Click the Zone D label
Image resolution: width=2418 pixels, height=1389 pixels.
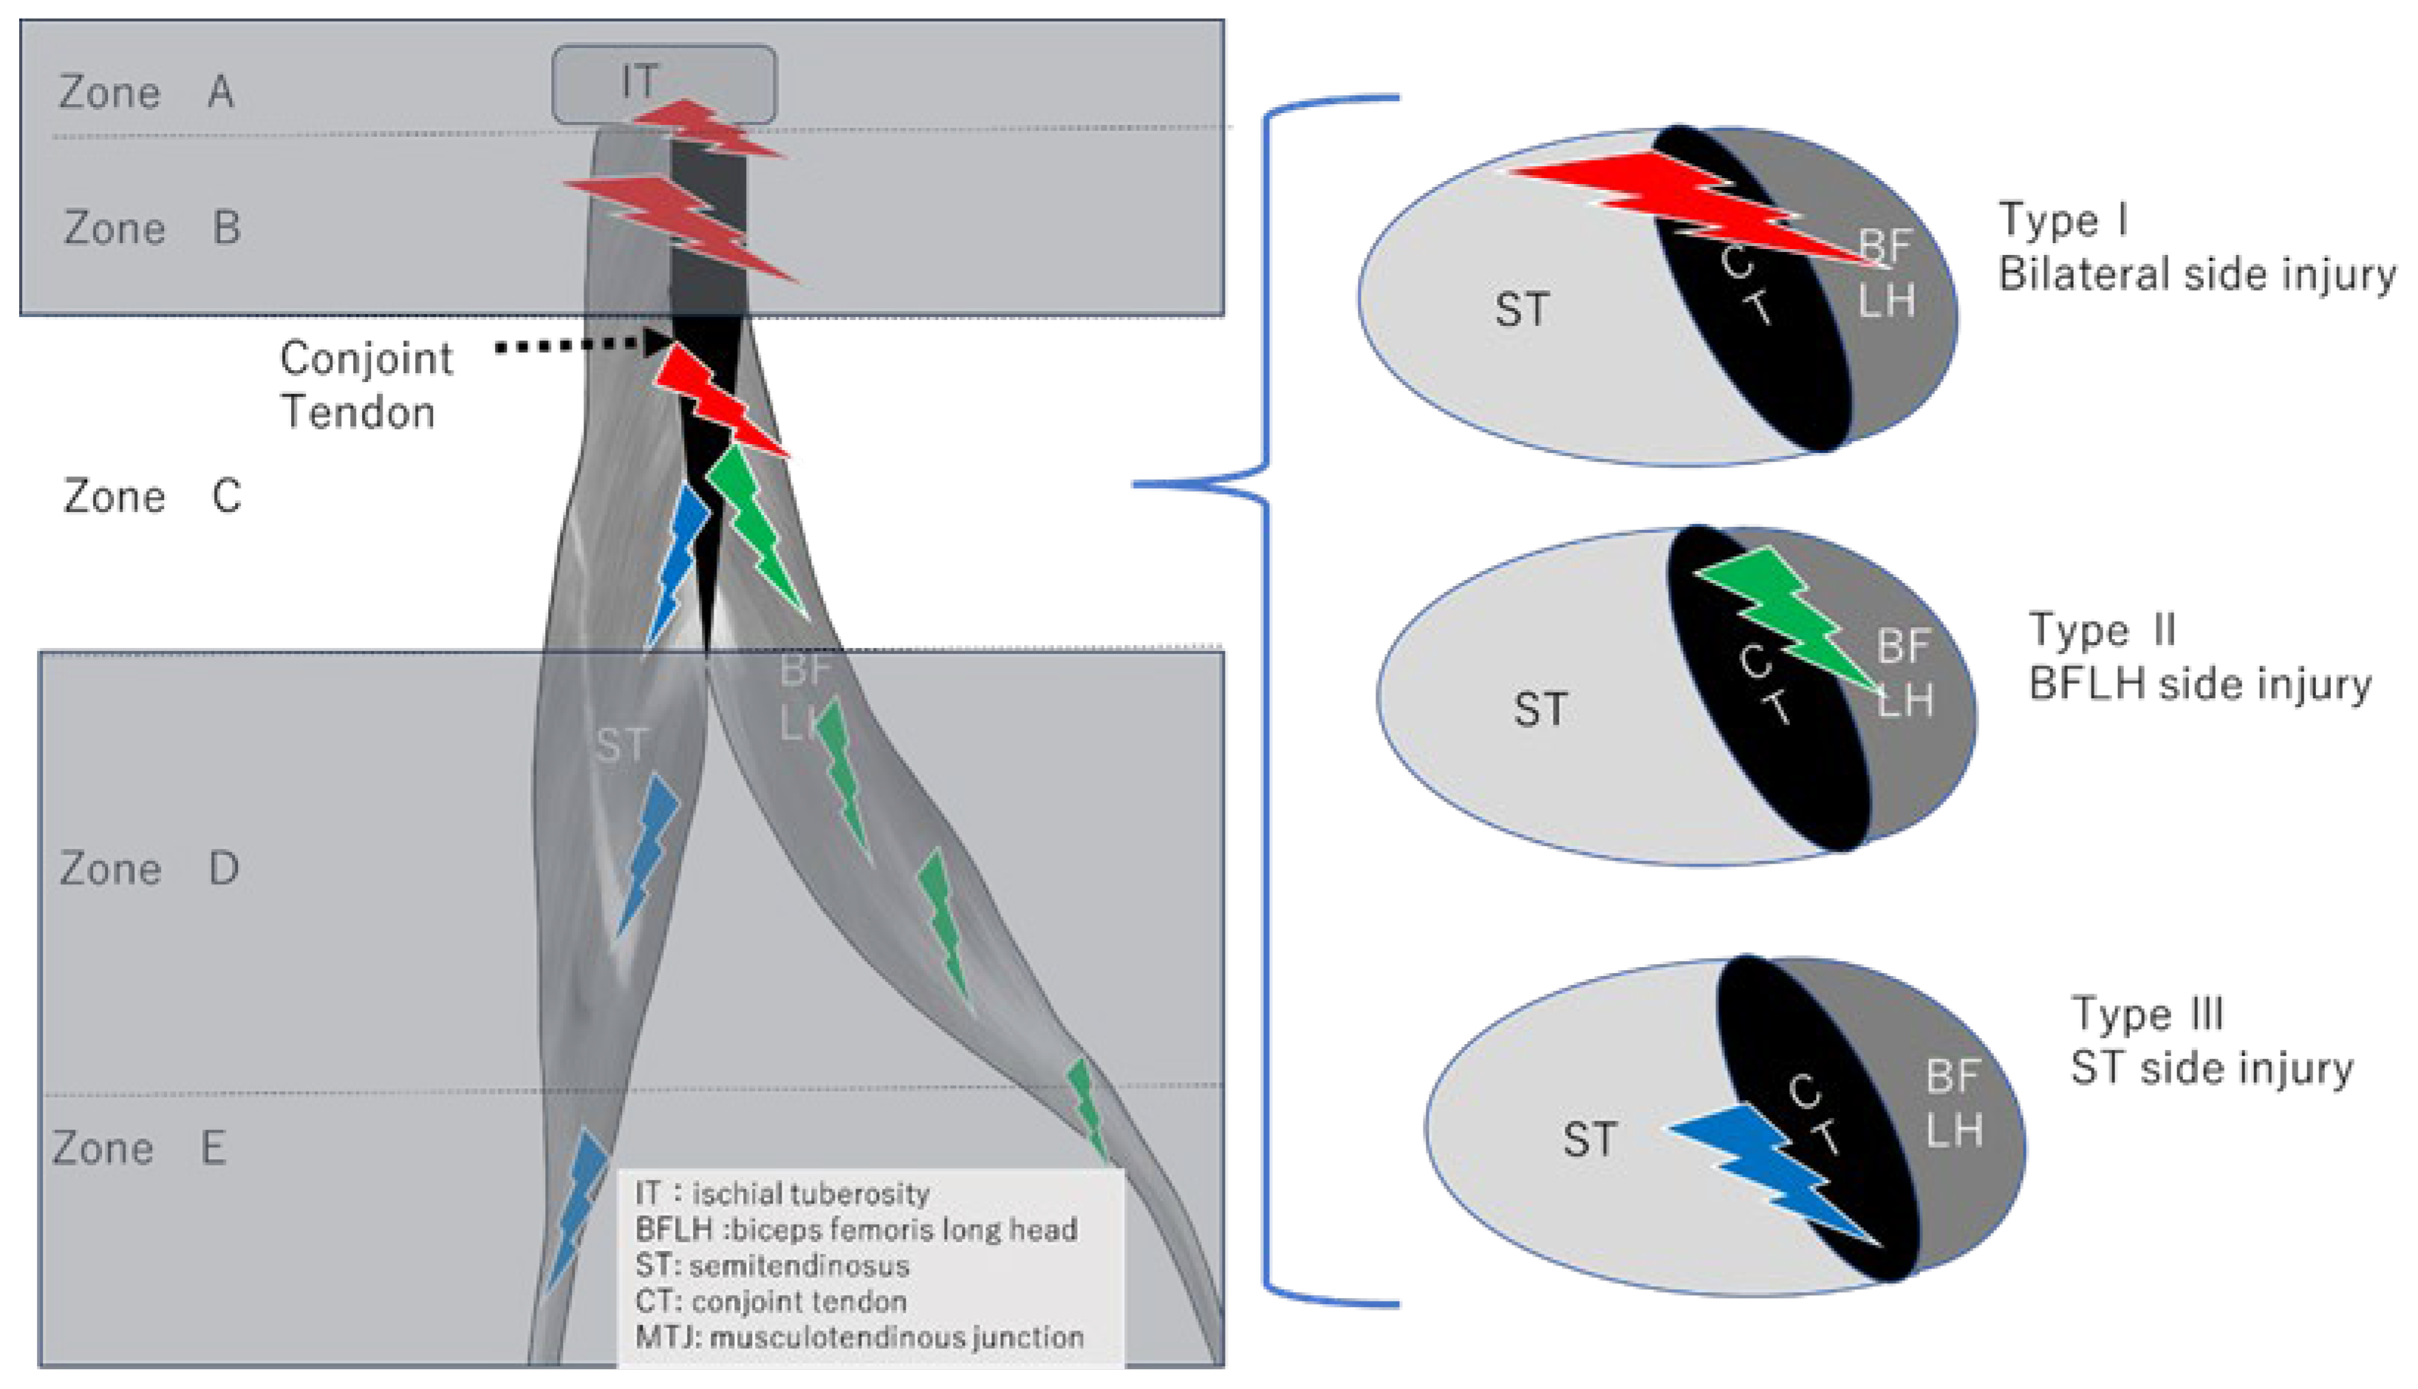tap(148, 869)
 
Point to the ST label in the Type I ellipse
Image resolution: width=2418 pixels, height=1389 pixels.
tap(1521, 310)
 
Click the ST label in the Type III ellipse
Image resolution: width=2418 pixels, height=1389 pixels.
tap(1588, 1140)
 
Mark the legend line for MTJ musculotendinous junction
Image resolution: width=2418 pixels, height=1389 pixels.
tap(859, 1337)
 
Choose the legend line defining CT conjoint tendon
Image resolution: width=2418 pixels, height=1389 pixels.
tap(771, 1301)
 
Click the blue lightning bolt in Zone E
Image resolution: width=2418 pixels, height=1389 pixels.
tap(576, 1207)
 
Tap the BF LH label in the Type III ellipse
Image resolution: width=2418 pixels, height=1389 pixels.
tap(1953, 1104)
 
